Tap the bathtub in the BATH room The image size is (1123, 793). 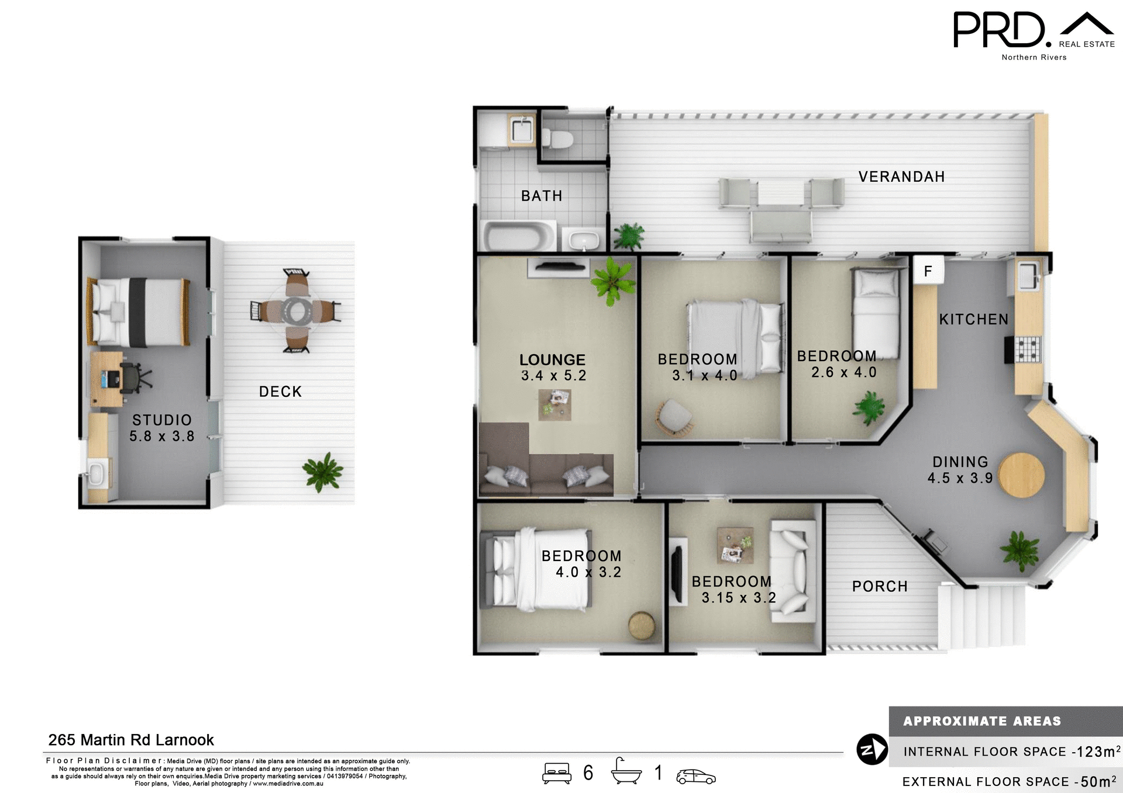click(518, 236)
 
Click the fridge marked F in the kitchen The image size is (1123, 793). click(928, 271)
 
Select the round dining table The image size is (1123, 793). click(1021, 475)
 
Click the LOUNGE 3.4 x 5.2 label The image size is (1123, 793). click(553, 368)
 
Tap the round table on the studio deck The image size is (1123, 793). click(297, 311)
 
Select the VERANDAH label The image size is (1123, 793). click(901, 176)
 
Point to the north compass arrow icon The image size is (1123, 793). click(872, 750)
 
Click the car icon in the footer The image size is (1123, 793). click(695, 777)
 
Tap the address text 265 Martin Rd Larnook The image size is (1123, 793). click(131, 740)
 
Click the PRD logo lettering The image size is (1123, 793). click(998, 30)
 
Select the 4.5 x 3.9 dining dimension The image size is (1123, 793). click(960, 478)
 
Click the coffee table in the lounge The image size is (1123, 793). click(554, 404)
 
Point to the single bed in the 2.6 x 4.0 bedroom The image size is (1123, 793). click(876, 313)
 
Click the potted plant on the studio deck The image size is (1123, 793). click(322, 472)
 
